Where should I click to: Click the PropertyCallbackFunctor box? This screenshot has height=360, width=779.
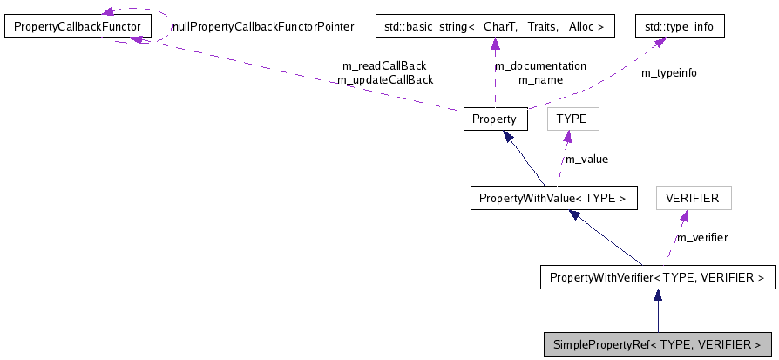point(78,27)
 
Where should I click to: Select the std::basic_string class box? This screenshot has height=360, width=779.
point(495,27)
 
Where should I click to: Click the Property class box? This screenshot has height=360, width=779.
point(495,119)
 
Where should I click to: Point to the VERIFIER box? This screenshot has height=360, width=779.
point(693,198)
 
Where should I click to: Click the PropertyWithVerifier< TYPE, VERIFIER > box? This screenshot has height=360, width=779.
point(657,278)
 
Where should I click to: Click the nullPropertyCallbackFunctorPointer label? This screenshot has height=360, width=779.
point(262,27)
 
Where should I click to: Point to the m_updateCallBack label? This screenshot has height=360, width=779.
point(385,79)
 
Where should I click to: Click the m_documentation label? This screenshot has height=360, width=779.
point(540,65)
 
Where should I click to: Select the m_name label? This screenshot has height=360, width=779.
point(540,79)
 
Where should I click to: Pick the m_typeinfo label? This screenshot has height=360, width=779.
point(669,72)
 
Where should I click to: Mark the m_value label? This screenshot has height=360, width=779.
point(586,159)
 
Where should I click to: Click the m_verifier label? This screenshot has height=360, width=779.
point(702,237)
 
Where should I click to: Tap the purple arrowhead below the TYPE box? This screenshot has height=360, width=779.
point(567,137)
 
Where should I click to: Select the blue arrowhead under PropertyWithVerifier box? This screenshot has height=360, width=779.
point(657,296)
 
